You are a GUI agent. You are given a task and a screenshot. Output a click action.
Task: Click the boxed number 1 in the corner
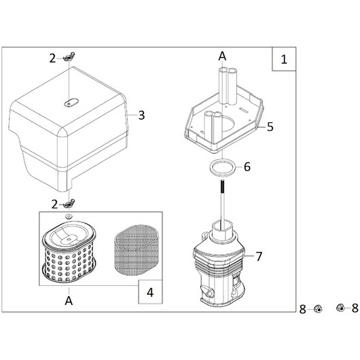[284, 60]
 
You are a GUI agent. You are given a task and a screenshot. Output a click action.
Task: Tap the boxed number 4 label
[150, 293]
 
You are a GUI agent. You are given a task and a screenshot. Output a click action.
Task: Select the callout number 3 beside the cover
[141, 115]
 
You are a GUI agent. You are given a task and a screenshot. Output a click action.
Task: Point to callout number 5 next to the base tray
[270, 127]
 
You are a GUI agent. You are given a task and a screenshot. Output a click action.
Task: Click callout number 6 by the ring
[247, 166]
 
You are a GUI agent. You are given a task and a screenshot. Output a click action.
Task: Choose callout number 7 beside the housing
[259, 257]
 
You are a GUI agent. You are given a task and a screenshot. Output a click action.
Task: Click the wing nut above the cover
[69, 57]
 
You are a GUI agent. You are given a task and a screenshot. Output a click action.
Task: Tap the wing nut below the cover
[69, 204]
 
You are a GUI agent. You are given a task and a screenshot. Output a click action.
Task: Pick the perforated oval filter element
[69, 252]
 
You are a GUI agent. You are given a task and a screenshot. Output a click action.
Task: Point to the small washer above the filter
[69, 216]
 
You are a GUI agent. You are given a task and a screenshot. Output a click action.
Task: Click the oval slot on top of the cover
[71, 103]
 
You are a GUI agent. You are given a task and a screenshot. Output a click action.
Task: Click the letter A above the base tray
[222, 56]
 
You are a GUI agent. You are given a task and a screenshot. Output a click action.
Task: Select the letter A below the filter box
[69, 300]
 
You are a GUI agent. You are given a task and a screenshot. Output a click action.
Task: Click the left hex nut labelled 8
[318, 308]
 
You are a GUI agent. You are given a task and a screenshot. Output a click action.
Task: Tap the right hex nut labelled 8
[340, 308]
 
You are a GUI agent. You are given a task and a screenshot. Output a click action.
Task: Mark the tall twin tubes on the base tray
[227, 86]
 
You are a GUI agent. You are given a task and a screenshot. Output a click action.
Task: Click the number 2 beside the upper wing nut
[52, 59]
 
